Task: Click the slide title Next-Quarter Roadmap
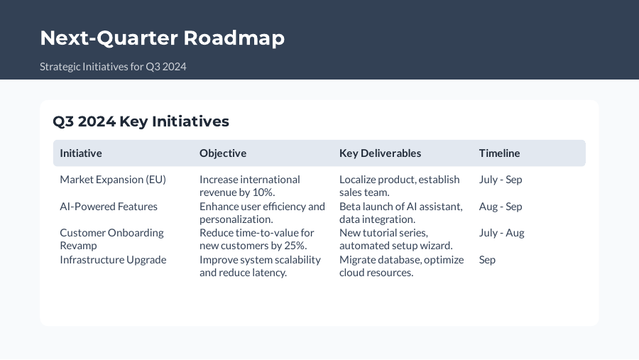(x=162, y=38)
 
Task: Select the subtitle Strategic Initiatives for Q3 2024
(x=113, y=67)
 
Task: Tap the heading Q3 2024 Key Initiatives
(x=141, y=121)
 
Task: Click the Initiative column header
(x=81, y=153)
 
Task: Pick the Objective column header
(x=223, y=153)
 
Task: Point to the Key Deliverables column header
(x=380, y=153)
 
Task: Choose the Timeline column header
(x=499, y=153)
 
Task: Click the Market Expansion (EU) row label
(x=113, y=180)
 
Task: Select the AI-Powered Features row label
(x=109, y=207)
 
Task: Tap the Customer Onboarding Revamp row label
(x=111, y=239)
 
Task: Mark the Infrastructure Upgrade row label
(x=113, y=260)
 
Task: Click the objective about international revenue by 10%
(x=249, y=186)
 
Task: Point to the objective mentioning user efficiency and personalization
(x=262, y=213)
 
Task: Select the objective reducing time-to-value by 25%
(x=256, y=239)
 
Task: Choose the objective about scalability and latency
(x=260, y=266)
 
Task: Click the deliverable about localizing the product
(x=399, y=186)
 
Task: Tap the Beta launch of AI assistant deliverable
(x=400, y=213)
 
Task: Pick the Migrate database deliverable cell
(x=401, y=266)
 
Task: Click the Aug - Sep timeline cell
(x=501, y=207)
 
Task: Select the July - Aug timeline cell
(x=501, y=233)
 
